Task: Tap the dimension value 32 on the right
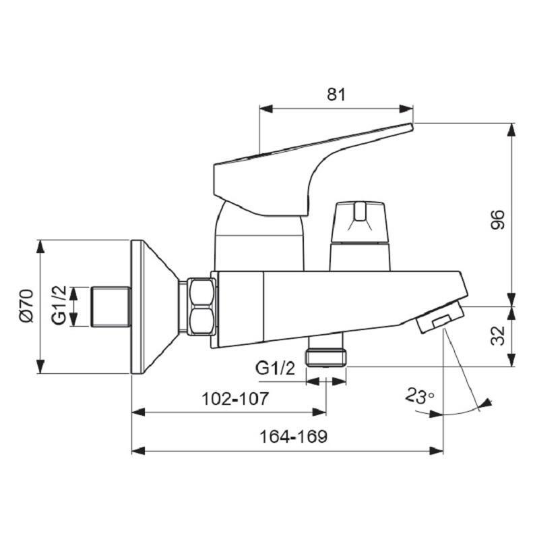[497, 336]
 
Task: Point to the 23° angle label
[419, 396]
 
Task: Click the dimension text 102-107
[235, 399]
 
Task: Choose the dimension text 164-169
[293, 437]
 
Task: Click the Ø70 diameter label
[25, 306]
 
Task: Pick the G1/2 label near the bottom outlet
[275, 369]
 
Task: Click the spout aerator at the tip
[439, 319]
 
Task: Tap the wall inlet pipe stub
[110, 306]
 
